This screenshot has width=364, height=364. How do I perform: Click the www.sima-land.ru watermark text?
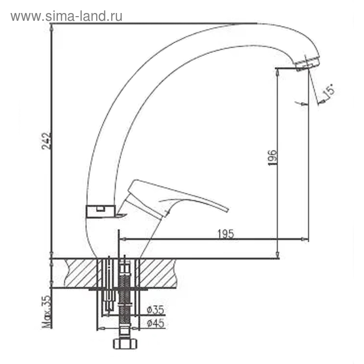67,16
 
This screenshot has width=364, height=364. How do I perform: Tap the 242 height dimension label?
46,141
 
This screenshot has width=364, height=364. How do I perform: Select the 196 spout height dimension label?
272,158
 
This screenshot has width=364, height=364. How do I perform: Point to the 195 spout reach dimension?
226,234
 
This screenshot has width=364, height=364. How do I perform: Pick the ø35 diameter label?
155,310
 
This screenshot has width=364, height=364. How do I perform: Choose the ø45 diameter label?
155,323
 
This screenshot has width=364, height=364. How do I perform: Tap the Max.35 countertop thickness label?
46,311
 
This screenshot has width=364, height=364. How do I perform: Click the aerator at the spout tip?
307,62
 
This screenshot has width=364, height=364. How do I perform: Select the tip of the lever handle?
227,210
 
